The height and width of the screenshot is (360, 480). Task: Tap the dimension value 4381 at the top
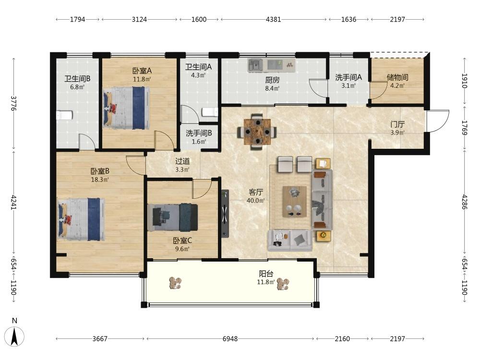click(x=274, y=19)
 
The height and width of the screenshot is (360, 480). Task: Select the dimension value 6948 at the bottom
click(x=230, y=338)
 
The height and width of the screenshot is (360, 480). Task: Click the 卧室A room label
click(x=142, y=71)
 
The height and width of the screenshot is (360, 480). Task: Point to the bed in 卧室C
click(x=173, y=217)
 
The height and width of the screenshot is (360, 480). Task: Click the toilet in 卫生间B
click(x=64, y=115)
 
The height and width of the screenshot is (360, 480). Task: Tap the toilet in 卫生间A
click(x=210, y=112)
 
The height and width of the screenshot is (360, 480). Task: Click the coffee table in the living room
click(x=295, y=202)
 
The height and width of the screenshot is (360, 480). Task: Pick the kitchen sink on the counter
click(x=255, y=65)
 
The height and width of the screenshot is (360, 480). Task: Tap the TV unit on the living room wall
click(x=225, y=214)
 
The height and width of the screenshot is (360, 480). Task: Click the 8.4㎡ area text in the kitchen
click(x=272, y=88)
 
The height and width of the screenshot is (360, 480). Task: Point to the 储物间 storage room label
click(x=397, y=77)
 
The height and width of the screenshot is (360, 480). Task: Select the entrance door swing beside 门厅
click(x=438, y=121)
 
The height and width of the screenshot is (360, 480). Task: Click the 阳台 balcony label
click(x=266, y=274)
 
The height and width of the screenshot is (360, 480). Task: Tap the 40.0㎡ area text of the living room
click(x=256, y=201)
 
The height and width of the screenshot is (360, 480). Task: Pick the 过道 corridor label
click(x=182, y=161)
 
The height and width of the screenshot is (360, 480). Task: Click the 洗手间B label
click(x=199, y=133)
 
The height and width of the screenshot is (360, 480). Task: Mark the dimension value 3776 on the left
click(x=13, y=104)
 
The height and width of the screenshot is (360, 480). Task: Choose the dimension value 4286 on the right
click(x=465, y=202)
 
